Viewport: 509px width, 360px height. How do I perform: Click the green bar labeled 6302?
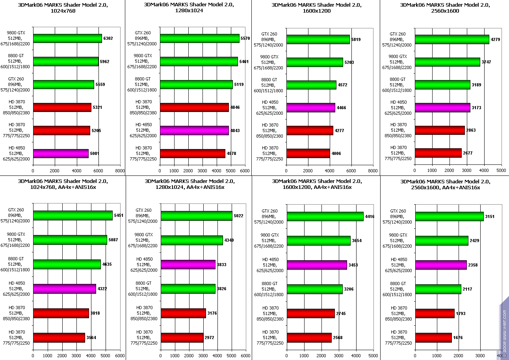coord(67,38)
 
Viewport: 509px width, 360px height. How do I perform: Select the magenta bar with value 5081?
coord(61,153)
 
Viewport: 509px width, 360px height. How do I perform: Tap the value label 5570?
coord(245,39)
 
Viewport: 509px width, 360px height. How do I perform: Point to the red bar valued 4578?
coord(193,153)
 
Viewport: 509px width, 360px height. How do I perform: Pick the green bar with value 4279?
coord(452,39)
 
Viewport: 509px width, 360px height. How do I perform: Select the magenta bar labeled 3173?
coord(442,108)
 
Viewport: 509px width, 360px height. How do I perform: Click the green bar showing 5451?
coord(73,215)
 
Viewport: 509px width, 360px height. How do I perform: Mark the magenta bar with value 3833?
coord(188,265)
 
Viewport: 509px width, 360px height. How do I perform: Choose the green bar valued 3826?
coord(188,289)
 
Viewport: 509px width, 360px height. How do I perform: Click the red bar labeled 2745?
coord(311,313)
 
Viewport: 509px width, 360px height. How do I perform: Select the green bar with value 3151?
coord(450,216)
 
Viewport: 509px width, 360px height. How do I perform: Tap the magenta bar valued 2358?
coord(441,265)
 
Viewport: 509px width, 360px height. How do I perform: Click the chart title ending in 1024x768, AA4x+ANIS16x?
coord(63,184)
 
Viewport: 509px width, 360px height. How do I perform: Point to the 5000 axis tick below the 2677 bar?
coord(501,170)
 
